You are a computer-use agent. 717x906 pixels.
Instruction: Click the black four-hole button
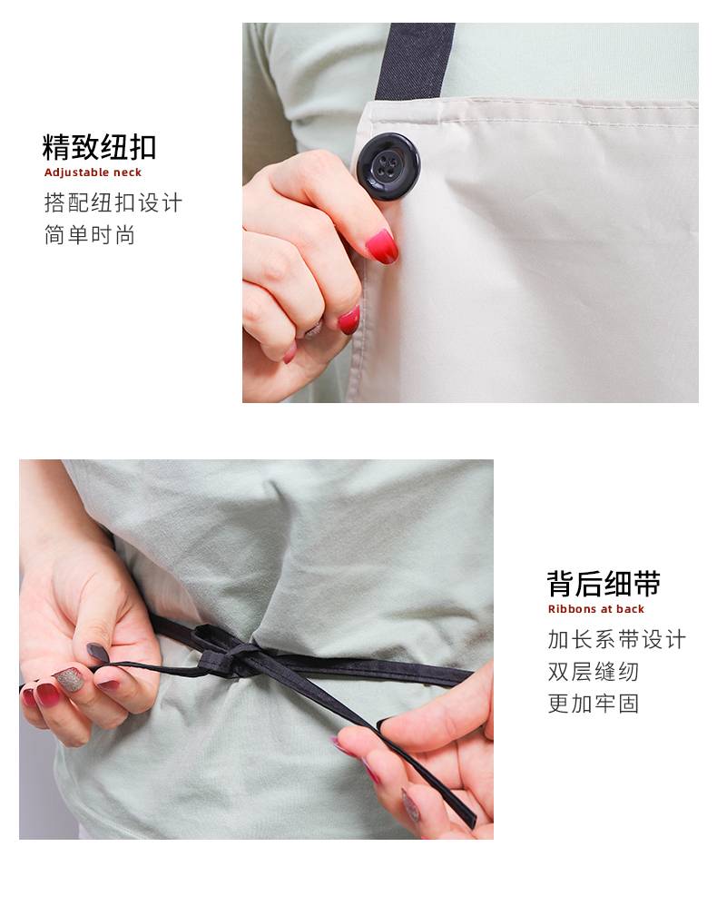388,166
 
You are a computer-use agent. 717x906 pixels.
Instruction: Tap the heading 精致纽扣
99,147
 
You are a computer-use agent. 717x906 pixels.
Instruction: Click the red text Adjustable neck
93,172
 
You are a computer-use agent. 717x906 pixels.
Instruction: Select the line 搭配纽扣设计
113,202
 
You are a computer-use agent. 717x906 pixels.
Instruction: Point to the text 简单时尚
90,235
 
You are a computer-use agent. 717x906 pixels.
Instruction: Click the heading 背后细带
604,584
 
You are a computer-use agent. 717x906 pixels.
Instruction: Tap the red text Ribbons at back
595,609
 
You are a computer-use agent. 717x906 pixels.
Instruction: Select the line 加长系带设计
617,640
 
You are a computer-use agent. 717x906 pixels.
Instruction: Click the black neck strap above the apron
415,61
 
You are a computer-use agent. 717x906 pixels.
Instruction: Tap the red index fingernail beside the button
382,246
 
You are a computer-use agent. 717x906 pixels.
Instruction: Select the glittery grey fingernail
69,679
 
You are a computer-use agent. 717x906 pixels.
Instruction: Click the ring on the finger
313,330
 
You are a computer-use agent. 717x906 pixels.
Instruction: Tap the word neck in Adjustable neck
127,172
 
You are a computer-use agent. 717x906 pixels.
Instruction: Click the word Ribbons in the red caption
572,609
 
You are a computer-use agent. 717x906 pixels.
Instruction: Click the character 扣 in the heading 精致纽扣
142,147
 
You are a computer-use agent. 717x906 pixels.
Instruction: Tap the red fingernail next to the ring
349,320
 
